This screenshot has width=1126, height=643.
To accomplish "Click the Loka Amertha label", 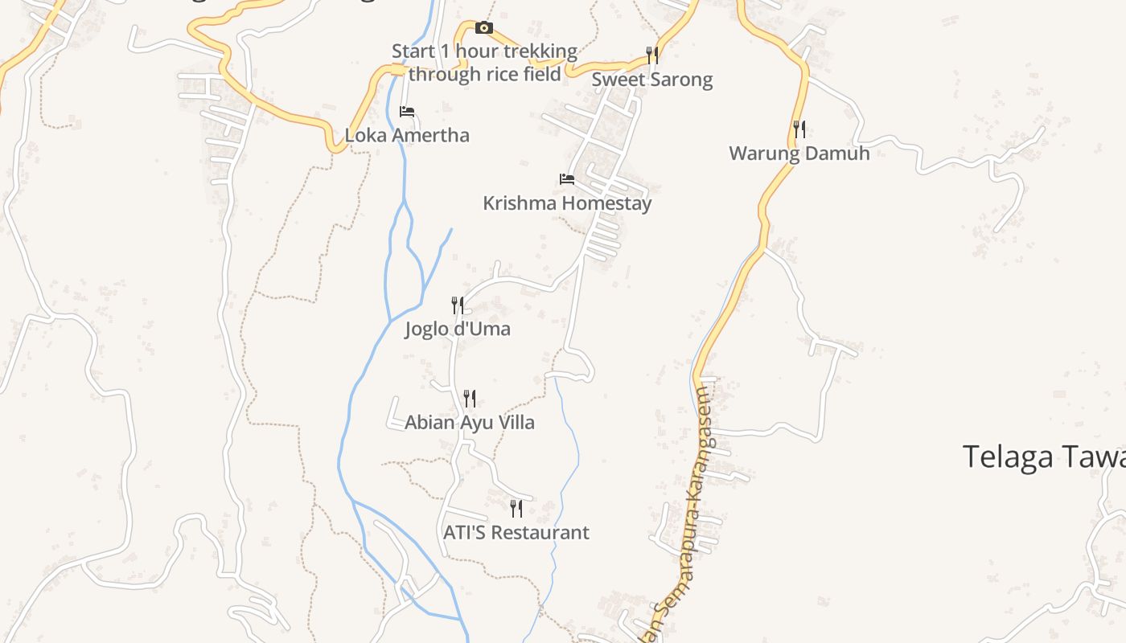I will (x=407, y=135).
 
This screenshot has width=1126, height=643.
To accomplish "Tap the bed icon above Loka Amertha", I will (x=407, y=112).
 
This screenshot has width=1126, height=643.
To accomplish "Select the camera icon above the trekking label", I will (x=483, y=28).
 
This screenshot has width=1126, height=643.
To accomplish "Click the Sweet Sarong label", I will (x=652, y=80).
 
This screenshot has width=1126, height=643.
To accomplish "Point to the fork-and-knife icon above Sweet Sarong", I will (x=652, y=55).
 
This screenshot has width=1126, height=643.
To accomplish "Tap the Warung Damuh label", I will (x=799, y=154).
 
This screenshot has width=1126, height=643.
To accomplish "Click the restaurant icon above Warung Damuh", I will (x=799, y=129).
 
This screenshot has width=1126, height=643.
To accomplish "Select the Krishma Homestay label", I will (x=567, y=203).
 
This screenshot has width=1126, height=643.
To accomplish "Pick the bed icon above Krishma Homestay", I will (x=567, y=179).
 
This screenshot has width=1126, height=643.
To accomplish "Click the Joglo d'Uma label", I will (x=457, y=329).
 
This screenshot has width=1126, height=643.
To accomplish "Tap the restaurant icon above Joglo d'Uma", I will (x=458, y=305).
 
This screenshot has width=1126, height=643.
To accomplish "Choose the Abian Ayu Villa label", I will (x=470, y=423).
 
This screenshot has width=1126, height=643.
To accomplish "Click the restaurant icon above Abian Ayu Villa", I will (x=470, y=399).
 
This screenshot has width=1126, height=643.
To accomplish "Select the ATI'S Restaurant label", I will (x=516, y=532).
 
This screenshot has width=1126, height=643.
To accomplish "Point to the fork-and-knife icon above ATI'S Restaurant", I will (x=516, y=508).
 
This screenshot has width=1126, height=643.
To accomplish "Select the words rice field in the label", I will (x=522, y=75).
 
